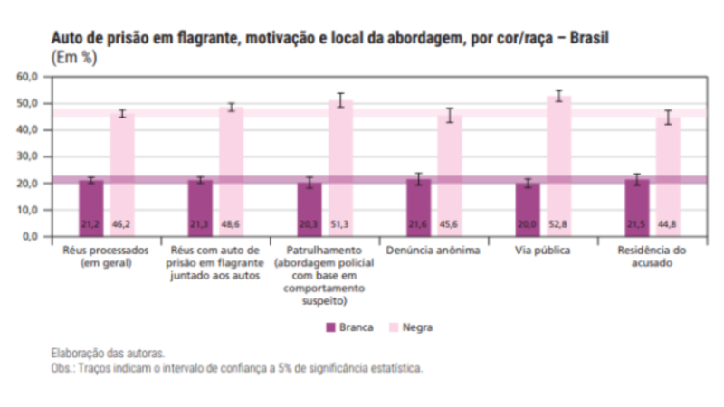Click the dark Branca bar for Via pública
click(528, 210)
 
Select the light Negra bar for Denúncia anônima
click(450, 175)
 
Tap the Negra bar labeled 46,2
click(122, 175)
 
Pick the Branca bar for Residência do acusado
click(637, 208)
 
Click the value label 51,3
click(340, 224)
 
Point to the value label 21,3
click(199, 224)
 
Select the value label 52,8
click(558, 224)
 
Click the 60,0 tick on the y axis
click(27, 77)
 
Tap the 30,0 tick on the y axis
click(27, 156)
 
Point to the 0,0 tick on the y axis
click(29, 236)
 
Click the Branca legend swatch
click(330, 327)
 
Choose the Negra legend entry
click(411, 327)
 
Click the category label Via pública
click(542, 251)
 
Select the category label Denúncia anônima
click(433, 251)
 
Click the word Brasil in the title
click(589, 37)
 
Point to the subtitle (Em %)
click(74, 58)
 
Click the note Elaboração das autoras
click(108, 354)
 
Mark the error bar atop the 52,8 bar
click(559, 96)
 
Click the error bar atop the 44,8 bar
click(668, 118)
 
